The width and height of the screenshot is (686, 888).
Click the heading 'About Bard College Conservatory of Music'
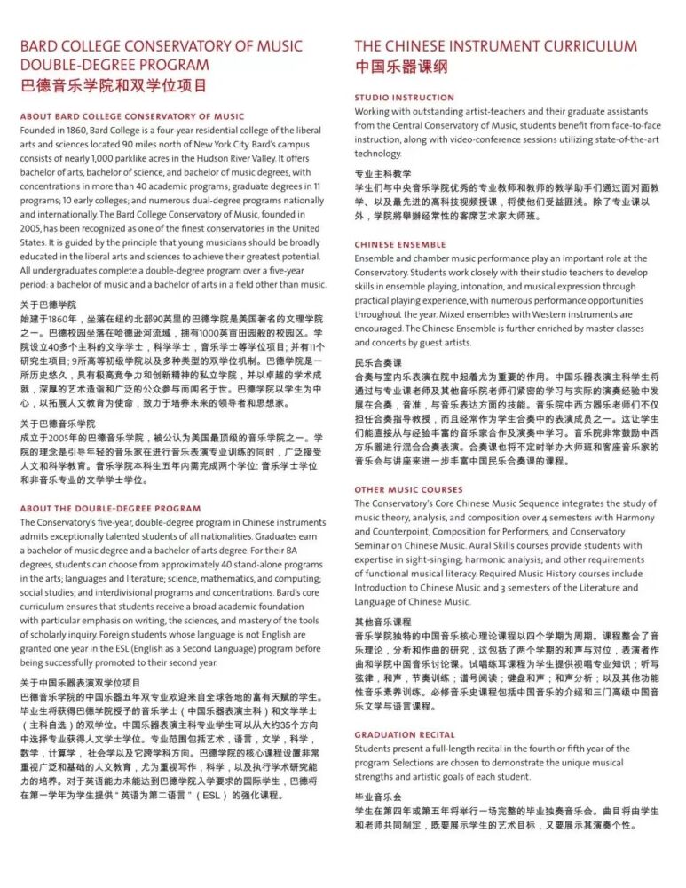(x=131, y=116)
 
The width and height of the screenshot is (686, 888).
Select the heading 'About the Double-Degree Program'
(x=110, y=509)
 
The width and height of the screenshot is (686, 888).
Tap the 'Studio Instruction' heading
(x=404, y=98)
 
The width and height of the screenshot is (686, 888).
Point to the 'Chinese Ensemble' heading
(x=400, y=244)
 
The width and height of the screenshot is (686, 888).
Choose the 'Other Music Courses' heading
(x=408, y=489)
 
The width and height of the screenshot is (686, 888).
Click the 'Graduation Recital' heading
(x=404, y=735)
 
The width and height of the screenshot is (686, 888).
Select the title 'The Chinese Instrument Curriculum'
(x=495, y=46)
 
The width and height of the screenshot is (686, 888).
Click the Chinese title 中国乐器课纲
(x=401, y=67)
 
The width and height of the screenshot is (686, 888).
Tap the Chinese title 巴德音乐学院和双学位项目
(x=113, y=86)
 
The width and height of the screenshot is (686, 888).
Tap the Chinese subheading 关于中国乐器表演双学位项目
(x=81, y=683)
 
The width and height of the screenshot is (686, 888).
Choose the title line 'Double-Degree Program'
(x=114, y=65)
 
